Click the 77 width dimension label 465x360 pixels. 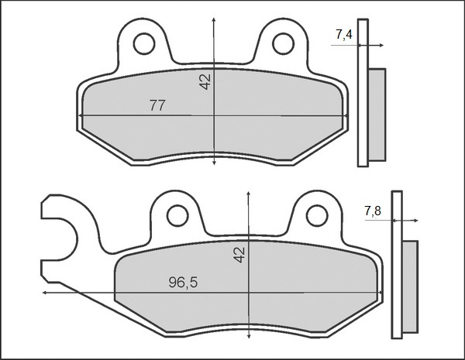point(157,107)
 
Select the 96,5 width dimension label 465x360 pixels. point(183,283)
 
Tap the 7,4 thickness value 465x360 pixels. point(345,34)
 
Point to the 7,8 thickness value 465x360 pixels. point(372,211)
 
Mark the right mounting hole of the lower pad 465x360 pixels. point(315,214)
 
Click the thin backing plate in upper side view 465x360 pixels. point(362,93)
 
